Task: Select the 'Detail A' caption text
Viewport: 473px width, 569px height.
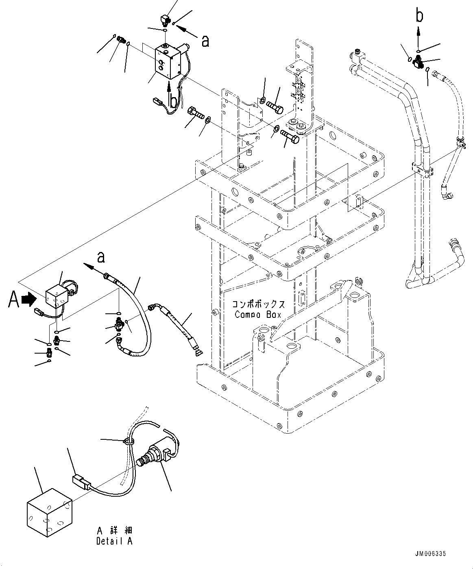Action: (x=114, y=541)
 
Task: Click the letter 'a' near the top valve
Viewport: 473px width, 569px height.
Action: (x=205, y=40)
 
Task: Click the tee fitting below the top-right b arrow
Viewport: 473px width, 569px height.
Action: (x=419, y=62)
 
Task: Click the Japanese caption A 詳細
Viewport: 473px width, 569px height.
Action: (x=115, y=531)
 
